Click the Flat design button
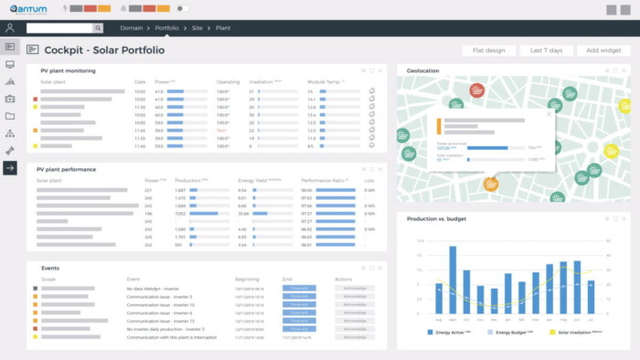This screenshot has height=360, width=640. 489,50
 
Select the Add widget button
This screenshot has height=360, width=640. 604,50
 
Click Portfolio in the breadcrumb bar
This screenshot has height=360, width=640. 166,28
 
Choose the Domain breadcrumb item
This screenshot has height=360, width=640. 131,28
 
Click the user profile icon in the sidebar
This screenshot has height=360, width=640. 10,28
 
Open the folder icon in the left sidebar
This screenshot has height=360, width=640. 10,116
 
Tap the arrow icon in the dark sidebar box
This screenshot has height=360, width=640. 10,168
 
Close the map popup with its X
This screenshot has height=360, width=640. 549,114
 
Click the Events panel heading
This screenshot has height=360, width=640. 50,268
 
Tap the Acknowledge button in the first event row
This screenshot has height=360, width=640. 352,288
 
